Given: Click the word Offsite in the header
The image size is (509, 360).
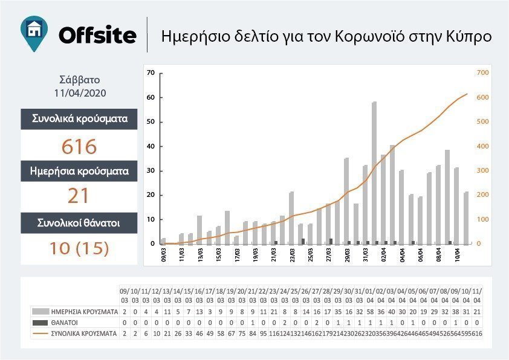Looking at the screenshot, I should pyautogui.click(x=97, y=35).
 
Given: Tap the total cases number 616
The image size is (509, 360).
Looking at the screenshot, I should pyautogui.click(x=79, y=147).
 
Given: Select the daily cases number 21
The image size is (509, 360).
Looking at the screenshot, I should pyautogui.click(x=79, y=196).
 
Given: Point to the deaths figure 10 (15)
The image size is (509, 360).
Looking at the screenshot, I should pyautogui.click(x=79, y=248).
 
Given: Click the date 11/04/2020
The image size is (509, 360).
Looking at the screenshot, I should pyautogui.click(x=79, y=94).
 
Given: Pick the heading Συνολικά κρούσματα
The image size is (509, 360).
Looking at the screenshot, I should pyautogui.click(x=79, y=118).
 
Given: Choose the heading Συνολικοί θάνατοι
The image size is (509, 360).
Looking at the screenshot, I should pyautogui.click(x=79, y=223).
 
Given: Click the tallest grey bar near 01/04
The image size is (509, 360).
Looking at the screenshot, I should pyautogui.click(x=374, y=172).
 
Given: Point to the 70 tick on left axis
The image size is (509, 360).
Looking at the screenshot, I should pyautogui.click(x=151, y=73).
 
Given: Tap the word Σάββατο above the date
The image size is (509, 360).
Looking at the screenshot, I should pyautogui.click(x=79, y=80).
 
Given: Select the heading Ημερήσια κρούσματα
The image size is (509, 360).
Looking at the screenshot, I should pyautogui.click(x=79, y=171).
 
